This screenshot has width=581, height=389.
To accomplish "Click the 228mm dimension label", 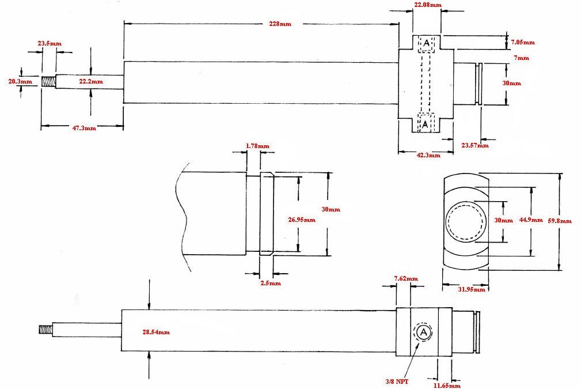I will [280, 24].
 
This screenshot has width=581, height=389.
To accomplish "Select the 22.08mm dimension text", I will [427, 5].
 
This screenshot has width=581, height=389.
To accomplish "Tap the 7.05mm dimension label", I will [522, 42].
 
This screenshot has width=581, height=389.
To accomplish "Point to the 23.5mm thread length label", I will [50, 43].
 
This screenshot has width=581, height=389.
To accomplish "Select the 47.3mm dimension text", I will [83, 128].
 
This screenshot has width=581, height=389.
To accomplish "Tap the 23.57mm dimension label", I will [474, 145].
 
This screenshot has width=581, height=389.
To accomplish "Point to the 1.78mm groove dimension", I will [257, 146].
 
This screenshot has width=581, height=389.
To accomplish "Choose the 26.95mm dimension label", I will [301, 220].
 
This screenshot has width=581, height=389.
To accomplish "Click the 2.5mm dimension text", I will [270, 283].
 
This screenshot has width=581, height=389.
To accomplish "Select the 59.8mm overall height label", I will [559, 221].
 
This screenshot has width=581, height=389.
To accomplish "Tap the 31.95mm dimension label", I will [472, 289].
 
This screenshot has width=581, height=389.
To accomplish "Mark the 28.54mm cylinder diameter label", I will [155, 332].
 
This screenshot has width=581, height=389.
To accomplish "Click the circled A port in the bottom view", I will [423, 332].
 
